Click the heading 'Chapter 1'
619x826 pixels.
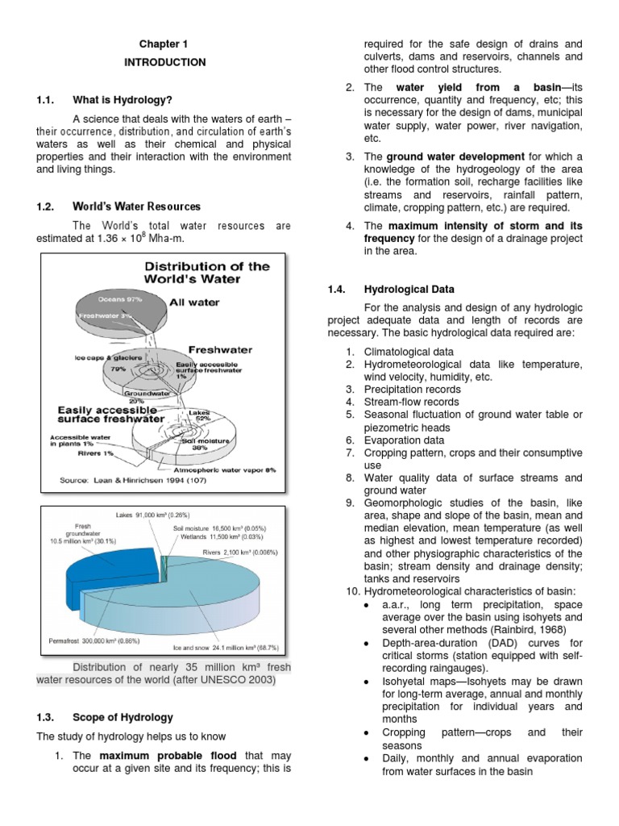pyautogui.click(x=164, y=44)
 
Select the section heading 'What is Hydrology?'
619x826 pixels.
pyautogui.click(x=123, y=100)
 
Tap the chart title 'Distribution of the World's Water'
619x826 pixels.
pyautogui.click(x=208, y=273)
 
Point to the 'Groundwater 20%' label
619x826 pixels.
pyautogui.click(x=145, y=398)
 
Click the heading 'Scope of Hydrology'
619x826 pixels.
pyautogui.click(x=123, y=717)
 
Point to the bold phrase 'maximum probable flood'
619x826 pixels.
pyautogui.click(x=168, y=755)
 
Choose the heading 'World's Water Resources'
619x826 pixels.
pyautogui.click(x=136, y=206)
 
